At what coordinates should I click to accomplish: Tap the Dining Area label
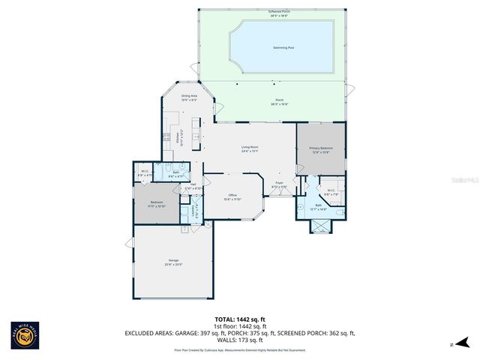click(189, 97)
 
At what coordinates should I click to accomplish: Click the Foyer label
click(278, 184)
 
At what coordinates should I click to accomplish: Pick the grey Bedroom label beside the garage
click(157, 204)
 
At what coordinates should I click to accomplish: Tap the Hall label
click(193, 186)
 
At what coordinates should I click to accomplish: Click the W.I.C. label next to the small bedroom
click(145, 172)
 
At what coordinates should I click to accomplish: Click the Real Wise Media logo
click(25, 336)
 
